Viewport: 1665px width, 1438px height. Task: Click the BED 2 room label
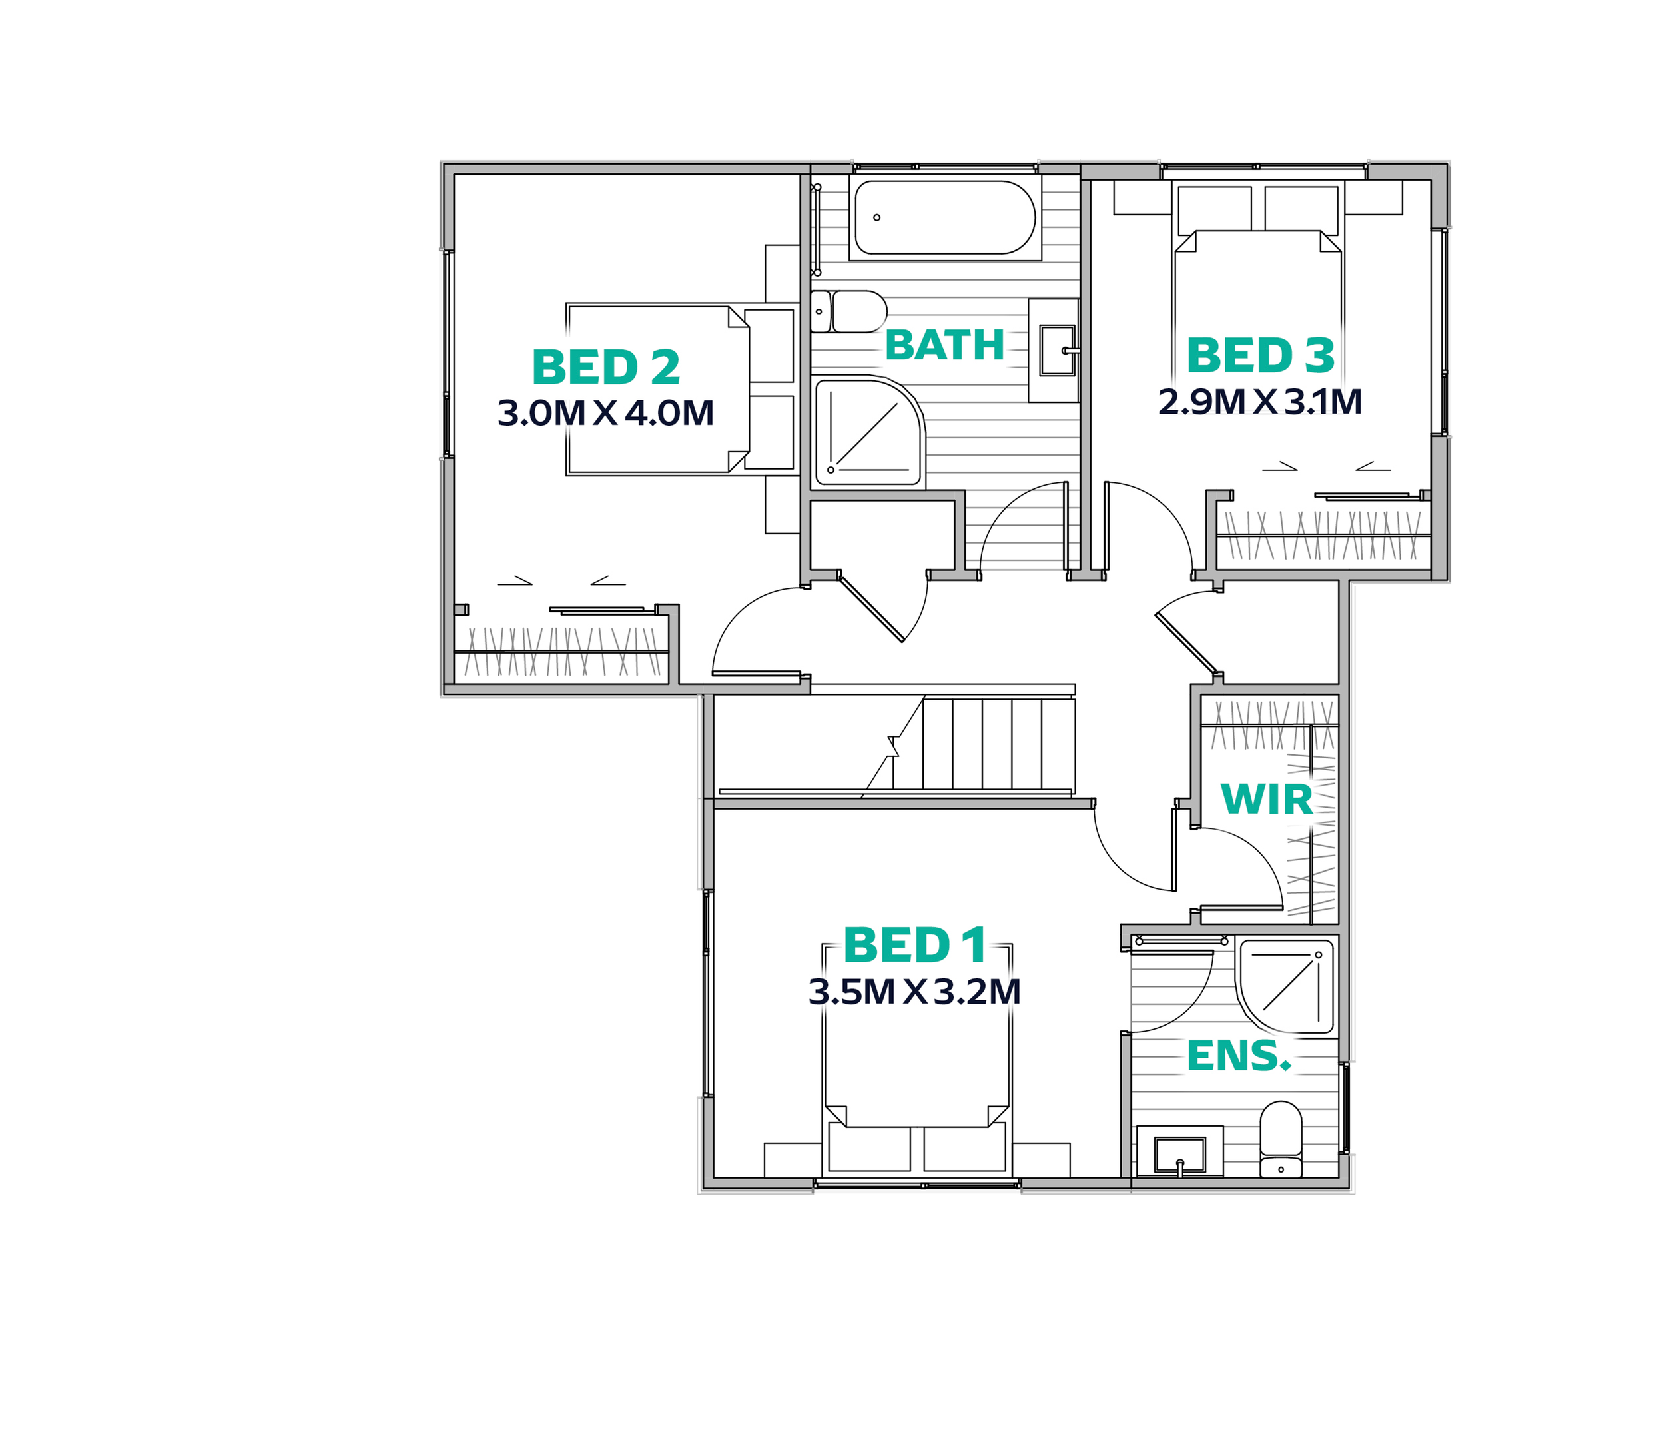pos(606,367)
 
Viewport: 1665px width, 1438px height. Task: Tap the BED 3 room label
pos(1260,355)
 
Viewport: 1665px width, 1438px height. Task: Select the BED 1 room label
pos(914,946)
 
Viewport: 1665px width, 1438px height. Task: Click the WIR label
pos(1267,799)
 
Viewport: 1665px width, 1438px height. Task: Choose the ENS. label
pos(1238,1056)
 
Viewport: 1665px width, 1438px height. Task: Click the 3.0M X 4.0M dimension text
pos(606,413)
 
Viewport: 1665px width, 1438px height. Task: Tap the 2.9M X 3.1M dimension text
pos(1260,402)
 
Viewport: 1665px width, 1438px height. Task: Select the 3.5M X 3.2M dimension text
pos(914,992)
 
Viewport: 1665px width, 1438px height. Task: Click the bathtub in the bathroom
pos(944,218)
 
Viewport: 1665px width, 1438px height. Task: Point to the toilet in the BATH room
pos(850,311)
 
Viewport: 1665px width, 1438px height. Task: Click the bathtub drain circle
pos(876,217)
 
